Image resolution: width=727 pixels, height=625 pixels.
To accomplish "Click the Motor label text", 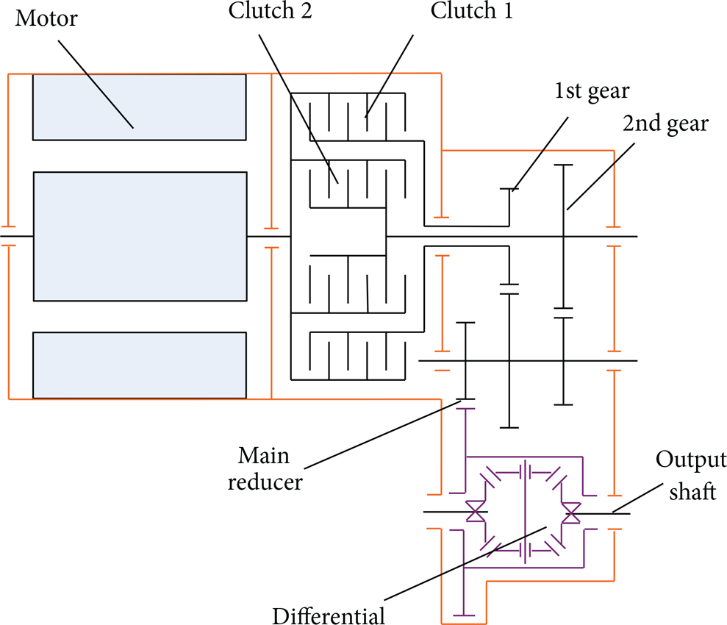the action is (x=46, y=18).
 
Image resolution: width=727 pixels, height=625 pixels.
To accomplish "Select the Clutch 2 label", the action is (x=271, y=11).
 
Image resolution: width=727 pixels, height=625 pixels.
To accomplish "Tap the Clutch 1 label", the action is (x=472, y=11).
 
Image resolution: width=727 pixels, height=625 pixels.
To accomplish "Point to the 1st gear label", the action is (x=592, y=91).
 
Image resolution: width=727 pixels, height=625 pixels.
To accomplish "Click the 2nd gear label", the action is (x=665, y=124).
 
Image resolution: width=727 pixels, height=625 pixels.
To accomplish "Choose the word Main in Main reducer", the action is (x=264, y=455).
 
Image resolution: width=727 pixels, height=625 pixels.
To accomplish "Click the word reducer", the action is (x=265, y=482).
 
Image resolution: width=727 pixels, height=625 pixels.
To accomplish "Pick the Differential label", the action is (x=329, y=615).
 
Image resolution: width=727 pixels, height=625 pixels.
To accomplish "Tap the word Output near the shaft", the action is (x=691, y=460).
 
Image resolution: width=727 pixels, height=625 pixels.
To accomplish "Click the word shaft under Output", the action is (x=692, y=491).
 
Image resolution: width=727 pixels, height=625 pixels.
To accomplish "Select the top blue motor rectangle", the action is (x=139, y=107).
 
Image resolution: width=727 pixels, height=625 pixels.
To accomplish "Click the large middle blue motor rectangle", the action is (x=140, y=237).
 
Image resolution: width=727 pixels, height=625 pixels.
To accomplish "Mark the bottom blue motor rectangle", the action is (x=139, y=365).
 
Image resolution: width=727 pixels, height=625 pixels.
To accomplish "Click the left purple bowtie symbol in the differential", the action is (x=476, y=512).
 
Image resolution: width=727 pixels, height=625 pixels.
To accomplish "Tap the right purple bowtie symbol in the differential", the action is (x=570, y=512).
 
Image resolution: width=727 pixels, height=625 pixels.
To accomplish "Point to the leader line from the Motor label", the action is (x=96, y=84).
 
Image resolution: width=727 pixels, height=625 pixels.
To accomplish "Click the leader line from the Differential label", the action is (x=465, y=563).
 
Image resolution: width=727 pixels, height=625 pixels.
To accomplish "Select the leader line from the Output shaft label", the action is (x=637, y=499).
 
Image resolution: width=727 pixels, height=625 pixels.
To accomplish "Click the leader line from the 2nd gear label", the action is (x=601, y=176).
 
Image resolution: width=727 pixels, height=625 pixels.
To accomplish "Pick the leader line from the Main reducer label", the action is (x=382, y=435).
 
